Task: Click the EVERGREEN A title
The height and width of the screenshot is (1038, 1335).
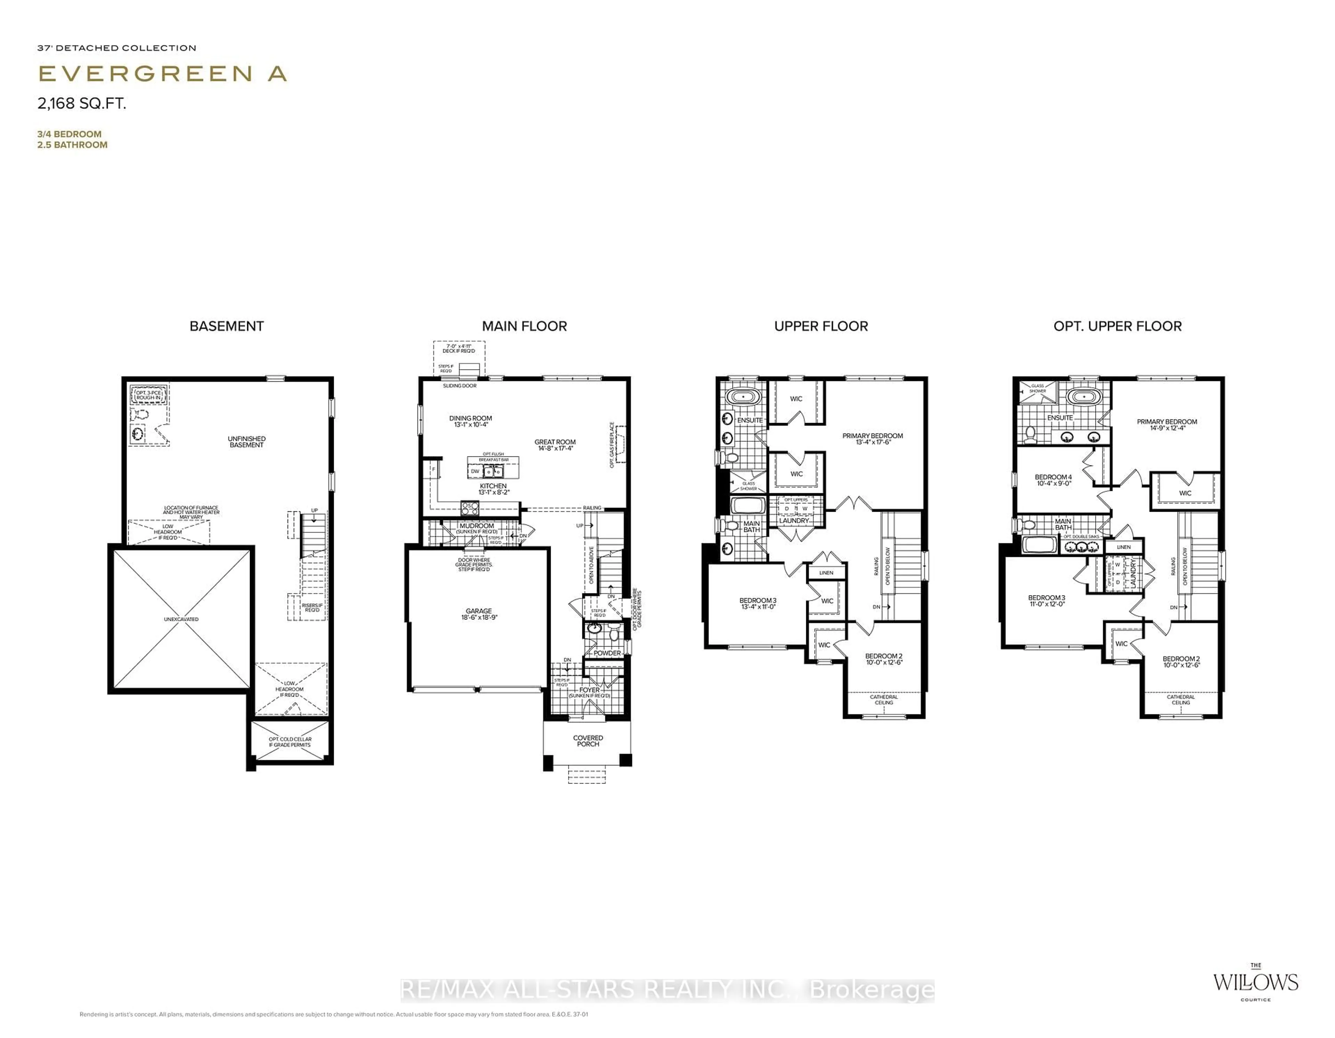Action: click(x=162, y=74)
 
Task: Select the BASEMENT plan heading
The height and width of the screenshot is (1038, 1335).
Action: click(x=226, y=326)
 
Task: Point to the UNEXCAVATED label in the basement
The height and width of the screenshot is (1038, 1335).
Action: click(x=181, y=619)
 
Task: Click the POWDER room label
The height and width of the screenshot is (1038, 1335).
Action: click(x=607, y=653)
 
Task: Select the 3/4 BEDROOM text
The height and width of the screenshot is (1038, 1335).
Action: click(x=69, y=134)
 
